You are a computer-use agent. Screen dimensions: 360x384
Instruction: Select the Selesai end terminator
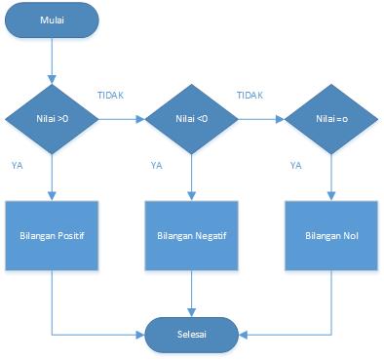pyautogui.click(x=191, y=334)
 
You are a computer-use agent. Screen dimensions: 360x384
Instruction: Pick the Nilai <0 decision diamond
pyautogui.click(x=192, y=120)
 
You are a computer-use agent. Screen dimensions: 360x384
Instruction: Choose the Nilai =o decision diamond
pyautogui.click(x=331, y=120)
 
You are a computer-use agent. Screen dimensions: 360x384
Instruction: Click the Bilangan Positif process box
pyautogui.click(x=54, y=236)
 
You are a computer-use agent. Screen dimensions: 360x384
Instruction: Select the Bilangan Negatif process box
pyautogui.click(x=192, y=236)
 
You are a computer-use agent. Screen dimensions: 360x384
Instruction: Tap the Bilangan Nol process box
pyautogui.click(x=331, y=236)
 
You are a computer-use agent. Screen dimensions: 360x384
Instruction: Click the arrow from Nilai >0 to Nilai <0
pyautogui.click(x=122, y=120)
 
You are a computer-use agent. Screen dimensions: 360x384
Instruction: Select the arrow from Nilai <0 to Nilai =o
pyautogui.click(x=261, y=120)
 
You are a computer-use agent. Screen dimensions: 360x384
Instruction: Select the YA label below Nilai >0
pyautogui.click(x=18, y=165)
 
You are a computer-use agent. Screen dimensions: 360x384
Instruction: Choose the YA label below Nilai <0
pyautogui.click(x=157, y=165)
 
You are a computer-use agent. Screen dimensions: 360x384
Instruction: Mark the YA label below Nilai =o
pyautogui.click(x=296, y=165)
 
